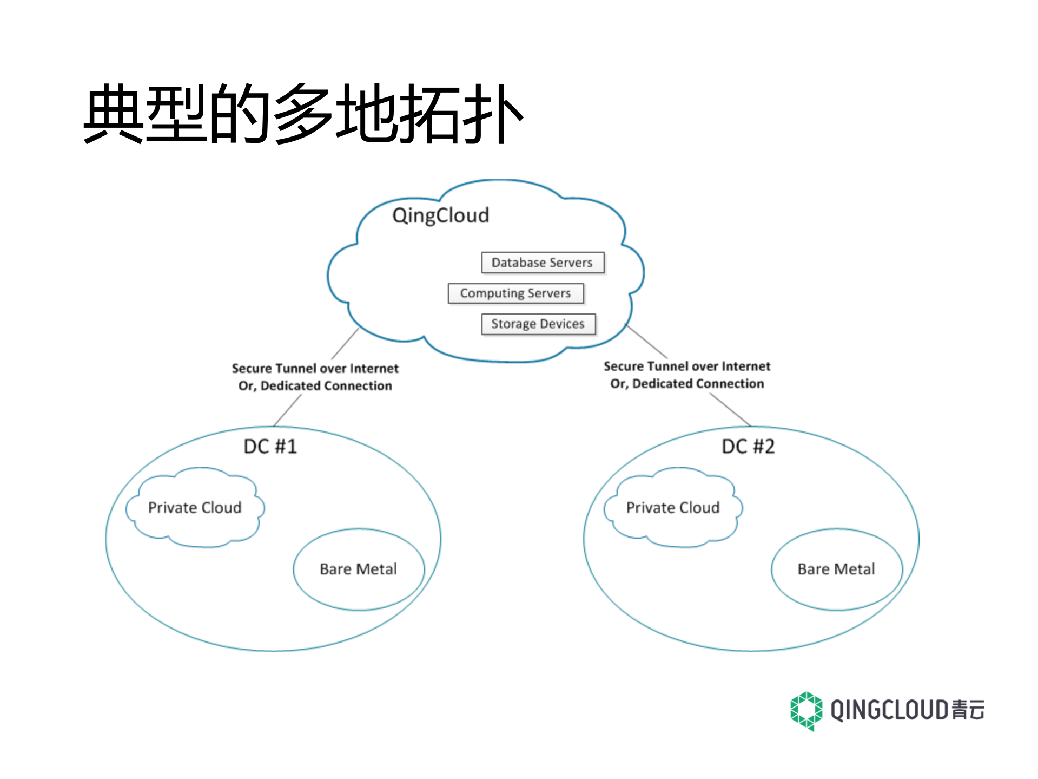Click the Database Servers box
pos(542,263)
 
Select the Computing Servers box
pos(515,293)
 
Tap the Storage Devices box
pos(538,324)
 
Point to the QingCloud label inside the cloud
pos(440,215)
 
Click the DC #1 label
pos(270,447)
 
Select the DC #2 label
pos(748,447)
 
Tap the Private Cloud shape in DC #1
pos(195,508)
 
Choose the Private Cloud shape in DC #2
pos(673,508)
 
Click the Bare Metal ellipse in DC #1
pos(359,569)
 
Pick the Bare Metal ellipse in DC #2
pos(836,569)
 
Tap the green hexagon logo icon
pos(806,711)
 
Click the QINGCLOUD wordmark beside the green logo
pos(890,710)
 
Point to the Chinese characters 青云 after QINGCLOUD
pos(968,710)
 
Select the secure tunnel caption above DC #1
pos(315,377)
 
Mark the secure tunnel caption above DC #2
pos(687,375)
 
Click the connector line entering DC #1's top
pos(287,411)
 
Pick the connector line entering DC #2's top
pos(730,409)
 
